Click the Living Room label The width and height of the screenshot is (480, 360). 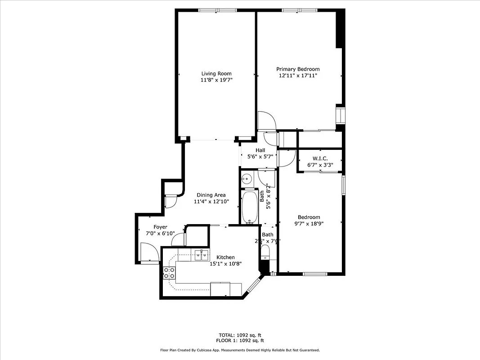coord(216,73)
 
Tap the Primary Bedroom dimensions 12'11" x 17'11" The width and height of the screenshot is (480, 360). coord(298,76)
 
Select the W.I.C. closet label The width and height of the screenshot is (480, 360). coord(320,158)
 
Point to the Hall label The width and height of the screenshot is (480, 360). coord(260,150)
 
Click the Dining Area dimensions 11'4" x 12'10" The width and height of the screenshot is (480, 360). coord(211,202)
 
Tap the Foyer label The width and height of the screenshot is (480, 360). coord(160,227)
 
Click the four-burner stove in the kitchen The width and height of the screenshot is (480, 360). coord(169,272)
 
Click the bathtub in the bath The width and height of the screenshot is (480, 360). coord(250,207)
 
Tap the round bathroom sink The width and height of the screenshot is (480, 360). coord(246,179)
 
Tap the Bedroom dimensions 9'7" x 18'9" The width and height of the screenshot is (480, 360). coord(309,223)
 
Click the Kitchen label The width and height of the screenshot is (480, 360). coord(225,257)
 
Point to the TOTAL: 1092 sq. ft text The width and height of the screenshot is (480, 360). coord(240,335)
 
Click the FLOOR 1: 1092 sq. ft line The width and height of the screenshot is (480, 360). coord(240,341)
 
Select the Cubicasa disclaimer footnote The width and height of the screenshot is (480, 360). coord(240,350)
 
